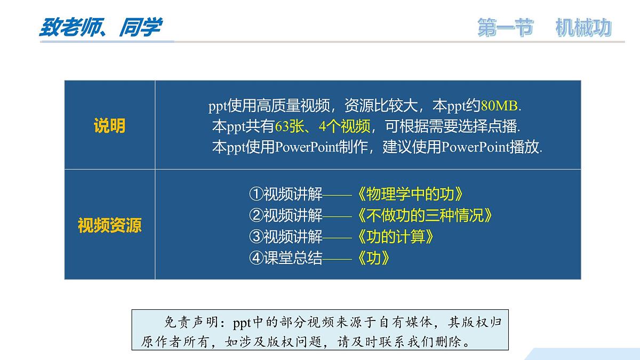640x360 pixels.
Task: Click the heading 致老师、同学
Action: [x=100, y=27]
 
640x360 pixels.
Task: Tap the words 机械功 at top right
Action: [x=583, y=28]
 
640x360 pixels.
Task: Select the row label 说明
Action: [x=109, y=126]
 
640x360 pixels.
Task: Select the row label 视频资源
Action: [x=109, y=225]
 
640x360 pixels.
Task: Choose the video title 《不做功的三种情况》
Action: [x=423, y=215]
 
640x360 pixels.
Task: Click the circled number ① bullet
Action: [x=257, y=194]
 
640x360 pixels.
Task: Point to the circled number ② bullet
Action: [x=257, y=215]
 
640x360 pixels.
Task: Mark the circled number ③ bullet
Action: [x=257, y=236]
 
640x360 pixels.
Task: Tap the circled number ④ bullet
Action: [x=257, y=258]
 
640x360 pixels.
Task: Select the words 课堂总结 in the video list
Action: [x=293, y=258]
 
